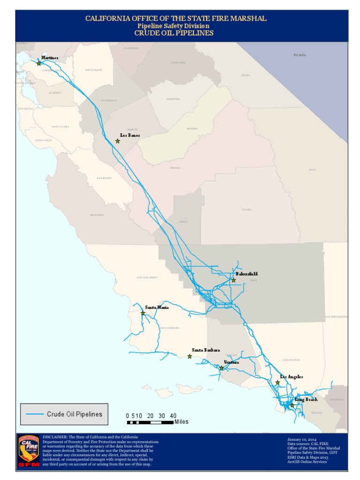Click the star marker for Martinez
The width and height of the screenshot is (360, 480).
pos(38,63)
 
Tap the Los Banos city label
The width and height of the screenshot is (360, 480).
pos(130,135)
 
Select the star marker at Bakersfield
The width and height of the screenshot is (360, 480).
pos(233,280)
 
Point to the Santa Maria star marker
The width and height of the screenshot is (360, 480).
pos(143,313)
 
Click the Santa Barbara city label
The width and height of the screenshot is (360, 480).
pos(206,350)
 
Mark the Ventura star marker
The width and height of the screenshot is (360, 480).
pos(221,368)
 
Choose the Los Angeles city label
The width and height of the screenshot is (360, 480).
pos(292,376)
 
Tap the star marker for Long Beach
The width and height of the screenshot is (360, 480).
pos(292,405)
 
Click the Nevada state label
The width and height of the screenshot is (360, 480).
pos(300,55)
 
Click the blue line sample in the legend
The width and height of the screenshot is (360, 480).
pos(33,414)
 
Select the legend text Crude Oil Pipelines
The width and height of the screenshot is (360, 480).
pos(74,414)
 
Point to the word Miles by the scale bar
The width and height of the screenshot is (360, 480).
pos(181,422)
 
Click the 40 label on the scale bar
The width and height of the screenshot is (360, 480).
pos(173,416)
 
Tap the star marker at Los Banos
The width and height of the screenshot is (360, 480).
pos(118,141)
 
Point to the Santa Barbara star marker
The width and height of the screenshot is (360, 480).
pos(189,356)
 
